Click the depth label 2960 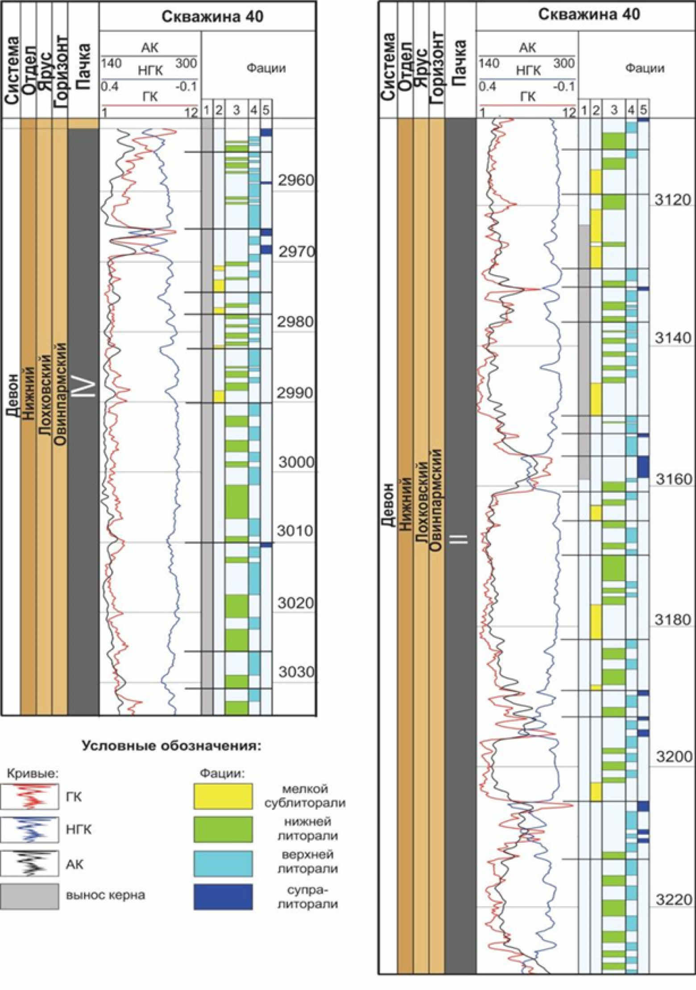295,181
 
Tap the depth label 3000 296,462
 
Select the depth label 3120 673,200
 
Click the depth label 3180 673,619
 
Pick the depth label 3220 673,899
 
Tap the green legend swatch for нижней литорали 223,829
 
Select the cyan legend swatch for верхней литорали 223,863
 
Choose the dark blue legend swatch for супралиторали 223,896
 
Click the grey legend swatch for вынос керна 29,896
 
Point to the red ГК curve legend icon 29,796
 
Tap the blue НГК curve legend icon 29,829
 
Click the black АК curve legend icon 29,864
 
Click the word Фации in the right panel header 644,68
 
